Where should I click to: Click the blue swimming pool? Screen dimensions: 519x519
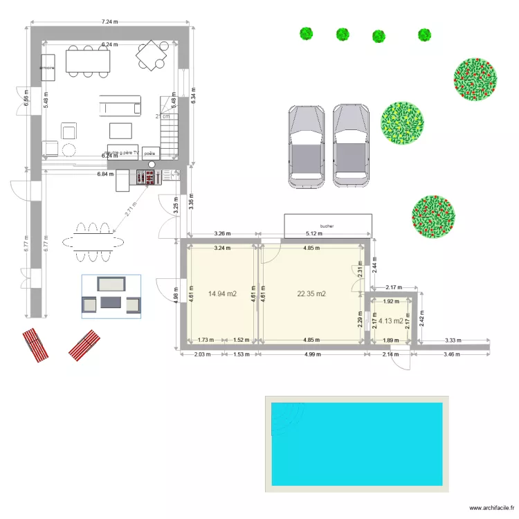pos(356,444)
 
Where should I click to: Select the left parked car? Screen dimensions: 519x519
pos(307,146)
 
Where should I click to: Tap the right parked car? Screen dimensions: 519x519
pos(352,146)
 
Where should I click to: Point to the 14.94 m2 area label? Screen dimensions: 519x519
pos(222,294)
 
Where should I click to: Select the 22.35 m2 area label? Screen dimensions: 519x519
pos(311,294)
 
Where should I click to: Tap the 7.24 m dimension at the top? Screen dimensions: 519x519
pos(110,22)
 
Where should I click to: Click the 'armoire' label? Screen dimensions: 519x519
pos(48,69)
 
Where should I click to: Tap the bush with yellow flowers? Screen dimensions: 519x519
pos(402,124)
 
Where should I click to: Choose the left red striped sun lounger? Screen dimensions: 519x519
pos(35,345)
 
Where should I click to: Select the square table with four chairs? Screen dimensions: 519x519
pos(152,55)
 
